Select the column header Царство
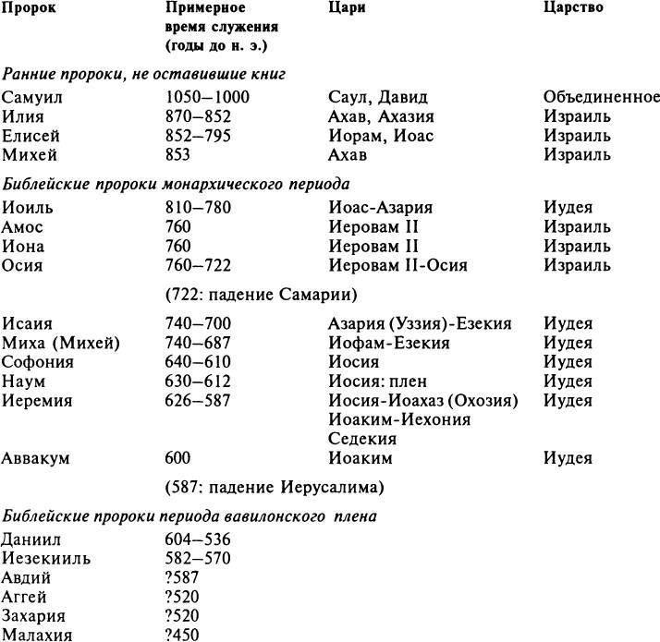click(x=573, y=7)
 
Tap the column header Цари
click(x=348, y=7)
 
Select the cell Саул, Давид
click(x=378, y=98)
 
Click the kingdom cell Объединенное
click(x=601, y=98)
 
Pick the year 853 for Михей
click(x=177, y=155)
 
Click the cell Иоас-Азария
click(x=380, y=209)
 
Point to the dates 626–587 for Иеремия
click(x=198, y=400)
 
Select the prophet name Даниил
click(x=31, y=539)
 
